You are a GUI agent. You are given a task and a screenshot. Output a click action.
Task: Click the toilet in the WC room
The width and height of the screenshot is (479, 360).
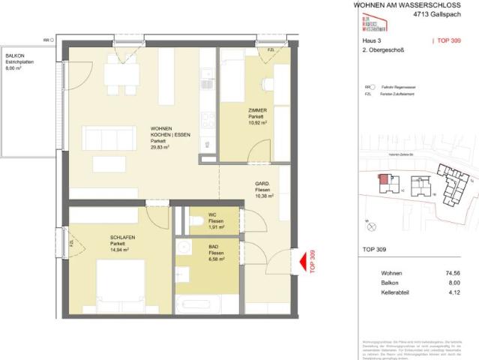click(193, 220)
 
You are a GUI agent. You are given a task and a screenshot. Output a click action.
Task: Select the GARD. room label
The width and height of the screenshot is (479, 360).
click(262, 188)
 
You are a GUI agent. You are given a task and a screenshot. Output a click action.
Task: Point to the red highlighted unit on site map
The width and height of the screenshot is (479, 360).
click(384, 180)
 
